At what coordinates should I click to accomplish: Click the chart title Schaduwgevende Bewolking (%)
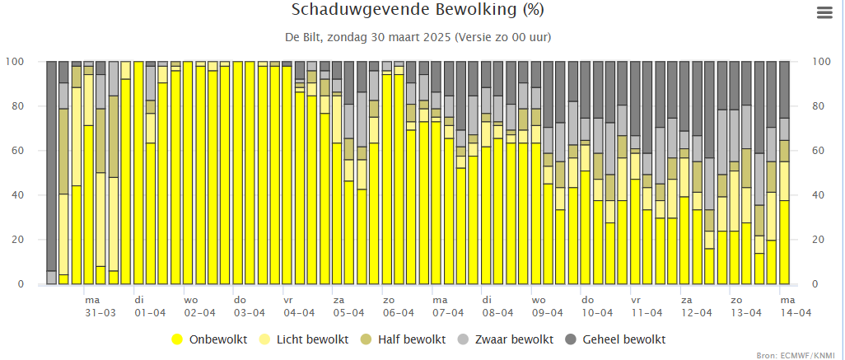[418, 10]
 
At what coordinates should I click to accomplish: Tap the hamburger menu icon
[824, 12]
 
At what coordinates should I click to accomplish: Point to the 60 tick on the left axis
[18, 151]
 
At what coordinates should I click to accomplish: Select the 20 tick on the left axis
[18, 239]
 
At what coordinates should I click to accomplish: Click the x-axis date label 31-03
[100, 312]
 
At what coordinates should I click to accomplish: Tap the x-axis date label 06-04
[399, 312]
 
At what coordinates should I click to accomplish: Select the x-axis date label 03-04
[249, 312]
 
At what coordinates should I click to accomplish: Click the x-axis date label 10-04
[597, 312]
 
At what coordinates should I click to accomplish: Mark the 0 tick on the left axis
[21, 284]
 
